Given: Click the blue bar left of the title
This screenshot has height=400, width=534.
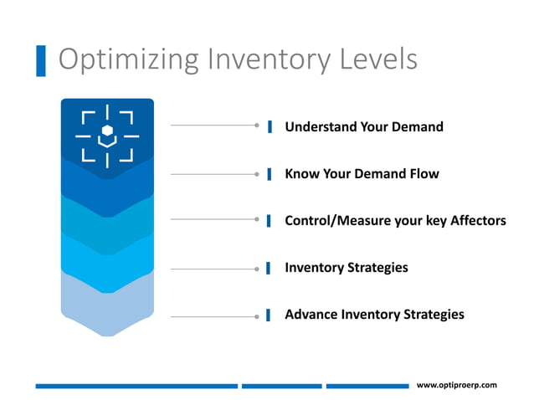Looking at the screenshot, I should (41, 61).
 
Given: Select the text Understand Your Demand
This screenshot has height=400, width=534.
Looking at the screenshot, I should (363, 127).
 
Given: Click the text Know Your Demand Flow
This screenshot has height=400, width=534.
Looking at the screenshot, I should (362, 174).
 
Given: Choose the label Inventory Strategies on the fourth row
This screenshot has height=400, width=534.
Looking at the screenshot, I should (347, 268).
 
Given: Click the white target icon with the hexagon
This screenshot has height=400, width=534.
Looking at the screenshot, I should (106, 134).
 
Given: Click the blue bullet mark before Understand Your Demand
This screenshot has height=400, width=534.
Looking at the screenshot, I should (270, 127).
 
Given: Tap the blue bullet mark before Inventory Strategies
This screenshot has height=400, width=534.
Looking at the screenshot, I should (270, 268).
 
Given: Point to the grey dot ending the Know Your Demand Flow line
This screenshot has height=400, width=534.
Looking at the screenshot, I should (257, 174).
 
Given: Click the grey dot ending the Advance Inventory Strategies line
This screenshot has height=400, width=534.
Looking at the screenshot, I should (257, 316).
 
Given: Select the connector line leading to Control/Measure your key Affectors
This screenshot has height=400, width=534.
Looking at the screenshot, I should (213, 219).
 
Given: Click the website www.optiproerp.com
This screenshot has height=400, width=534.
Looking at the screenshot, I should (456, 385).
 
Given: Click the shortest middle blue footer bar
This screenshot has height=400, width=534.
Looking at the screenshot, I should (281, 386).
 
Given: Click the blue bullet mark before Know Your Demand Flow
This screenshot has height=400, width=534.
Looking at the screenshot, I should (270, 174).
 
